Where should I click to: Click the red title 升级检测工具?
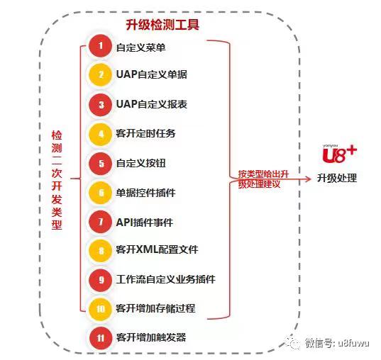(162, 25)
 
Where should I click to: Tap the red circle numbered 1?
(100, 46)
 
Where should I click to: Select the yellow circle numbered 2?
(100, 74)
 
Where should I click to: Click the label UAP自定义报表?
(152, 104)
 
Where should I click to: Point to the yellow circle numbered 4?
(100, 134)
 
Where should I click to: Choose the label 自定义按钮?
(141, 163)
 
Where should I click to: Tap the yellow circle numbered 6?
(100, 193)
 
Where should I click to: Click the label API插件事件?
(144, 223)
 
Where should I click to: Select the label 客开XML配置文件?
(157, 249)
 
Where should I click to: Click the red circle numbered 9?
(100, 280)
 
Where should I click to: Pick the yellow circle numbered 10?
(100, 309)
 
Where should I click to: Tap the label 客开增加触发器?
(151, 337)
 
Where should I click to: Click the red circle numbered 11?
(101, 338)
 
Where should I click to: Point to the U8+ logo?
(339, 154)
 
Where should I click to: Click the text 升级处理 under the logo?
(337, 178)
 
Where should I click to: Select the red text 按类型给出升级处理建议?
(263, 179)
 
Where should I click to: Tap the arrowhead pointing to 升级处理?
(308, 179)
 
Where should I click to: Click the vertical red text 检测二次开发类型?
(57, 180)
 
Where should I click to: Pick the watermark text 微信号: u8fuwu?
(337, 343)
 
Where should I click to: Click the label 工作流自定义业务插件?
(165, 279)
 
